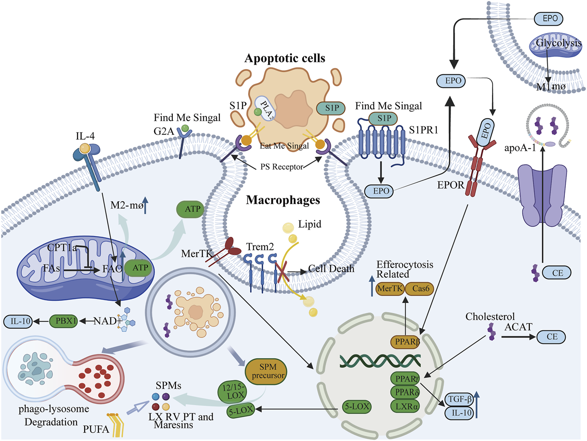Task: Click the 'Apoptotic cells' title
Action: point(285,58)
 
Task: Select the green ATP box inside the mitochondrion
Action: point(140,268)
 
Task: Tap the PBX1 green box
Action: point(66,321)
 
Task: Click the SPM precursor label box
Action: point(268,371)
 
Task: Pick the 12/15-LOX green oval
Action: point(233,391)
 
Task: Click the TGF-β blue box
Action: point(459,399)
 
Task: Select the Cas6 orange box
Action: point(420,288)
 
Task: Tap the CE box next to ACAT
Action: point(552,337)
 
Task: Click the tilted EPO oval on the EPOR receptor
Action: point(486,130)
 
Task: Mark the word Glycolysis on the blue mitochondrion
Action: point(558,43)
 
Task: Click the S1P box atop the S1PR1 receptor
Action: point(384,119)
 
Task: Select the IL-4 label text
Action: point(85,136)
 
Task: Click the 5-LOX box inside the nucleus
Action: point(357,406)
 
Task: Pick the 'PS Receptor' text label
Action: point(281,167)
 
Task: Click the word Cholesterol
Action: point(490,317)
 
